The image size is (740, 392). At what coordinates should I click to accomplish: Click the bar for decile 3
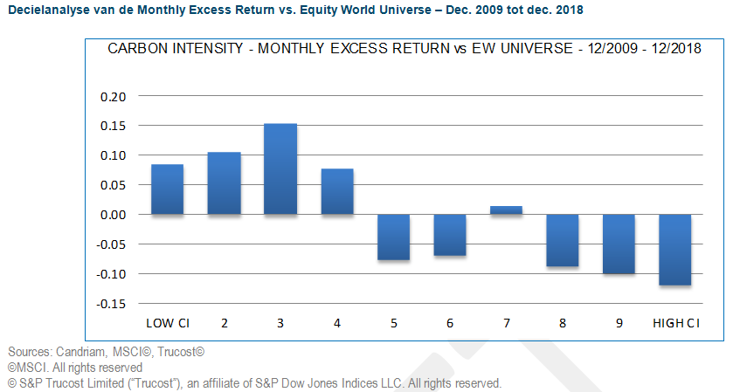pos(280,169)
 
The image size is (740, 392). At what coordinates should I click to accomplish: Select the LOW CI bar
pos(167,189)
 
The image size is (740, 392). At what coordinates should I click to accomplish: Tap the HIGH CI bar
pos(676,250)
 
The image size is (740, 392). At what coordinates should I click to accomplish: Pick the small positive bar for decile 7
pos(507,210)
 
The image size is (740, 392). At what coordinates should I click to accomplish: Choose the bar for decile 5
pos(393,237)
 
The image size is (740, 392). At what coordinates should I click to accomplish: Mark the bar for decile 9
pos(619,244)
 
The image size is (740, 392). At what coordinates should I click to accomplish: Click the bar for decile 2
pos(224,183)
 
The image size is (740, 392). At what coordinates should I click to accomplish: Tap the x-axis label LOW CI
pos(168,324)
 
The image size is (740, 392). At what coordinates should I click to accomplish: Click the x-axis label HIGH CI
pos(676,324)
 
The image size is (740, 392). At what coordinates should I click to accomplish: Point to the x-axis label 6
pos(450,324)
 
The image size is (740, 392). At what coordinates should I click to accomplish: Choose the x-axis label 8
pos(563,324)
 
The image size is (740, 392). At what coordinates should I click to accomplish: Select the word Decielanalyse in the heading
pos(47,9)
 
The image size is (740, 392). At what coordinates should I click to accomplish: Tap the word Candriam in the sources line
pos(85,352)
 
